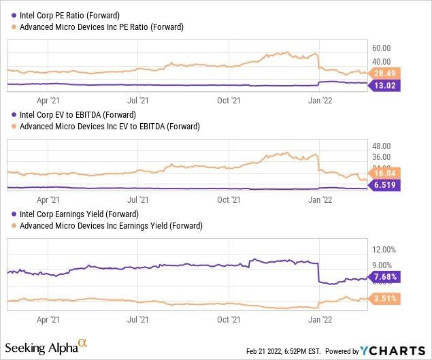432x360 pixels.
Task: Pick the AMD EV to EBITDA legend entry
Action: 105,126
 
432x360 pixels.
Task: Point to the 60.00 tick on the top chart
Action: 381,48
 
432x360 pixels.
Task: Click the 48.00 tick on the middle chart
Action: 381,146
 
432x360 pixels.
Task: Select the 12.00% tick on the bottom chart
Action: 383,250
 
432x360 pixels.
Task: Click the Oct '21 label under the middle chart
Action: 229,199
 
